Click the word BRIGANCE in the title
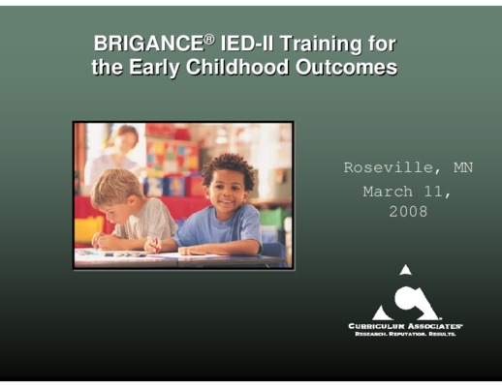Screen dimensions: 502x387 [149, 44]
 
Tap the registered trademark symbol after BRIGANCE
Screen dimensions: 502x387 [209, 39]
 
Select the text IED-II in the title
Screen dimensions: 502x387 [246, 44]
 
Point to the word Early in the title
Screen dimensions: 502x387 [154, 69]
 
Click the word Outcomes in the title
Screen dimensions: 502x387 [346, 67]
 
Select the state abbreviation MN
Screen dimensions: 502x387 [463, 167]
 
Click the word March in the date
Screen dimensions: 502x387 [388, 192]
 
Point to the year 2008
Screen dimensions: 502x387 [408, 212]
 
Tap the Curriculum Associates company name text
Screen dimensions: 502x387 [405, 326]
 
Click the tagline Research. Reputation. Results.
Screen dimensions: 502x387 [405, 334]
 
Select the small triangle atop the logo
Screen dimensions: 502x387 [406, 270]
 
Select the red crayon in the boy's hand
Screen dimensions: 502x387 [156, 245]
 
